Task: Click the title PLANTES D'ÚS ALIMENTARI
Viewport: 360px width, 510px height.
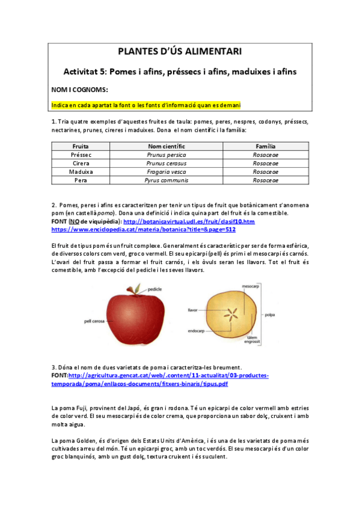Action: [x=180, y=52]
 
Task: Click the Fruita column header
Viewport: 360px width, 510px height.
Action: [x=81, y=146]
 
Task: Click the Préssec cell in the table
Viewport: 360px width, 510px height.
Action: [x=81, y=155]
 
